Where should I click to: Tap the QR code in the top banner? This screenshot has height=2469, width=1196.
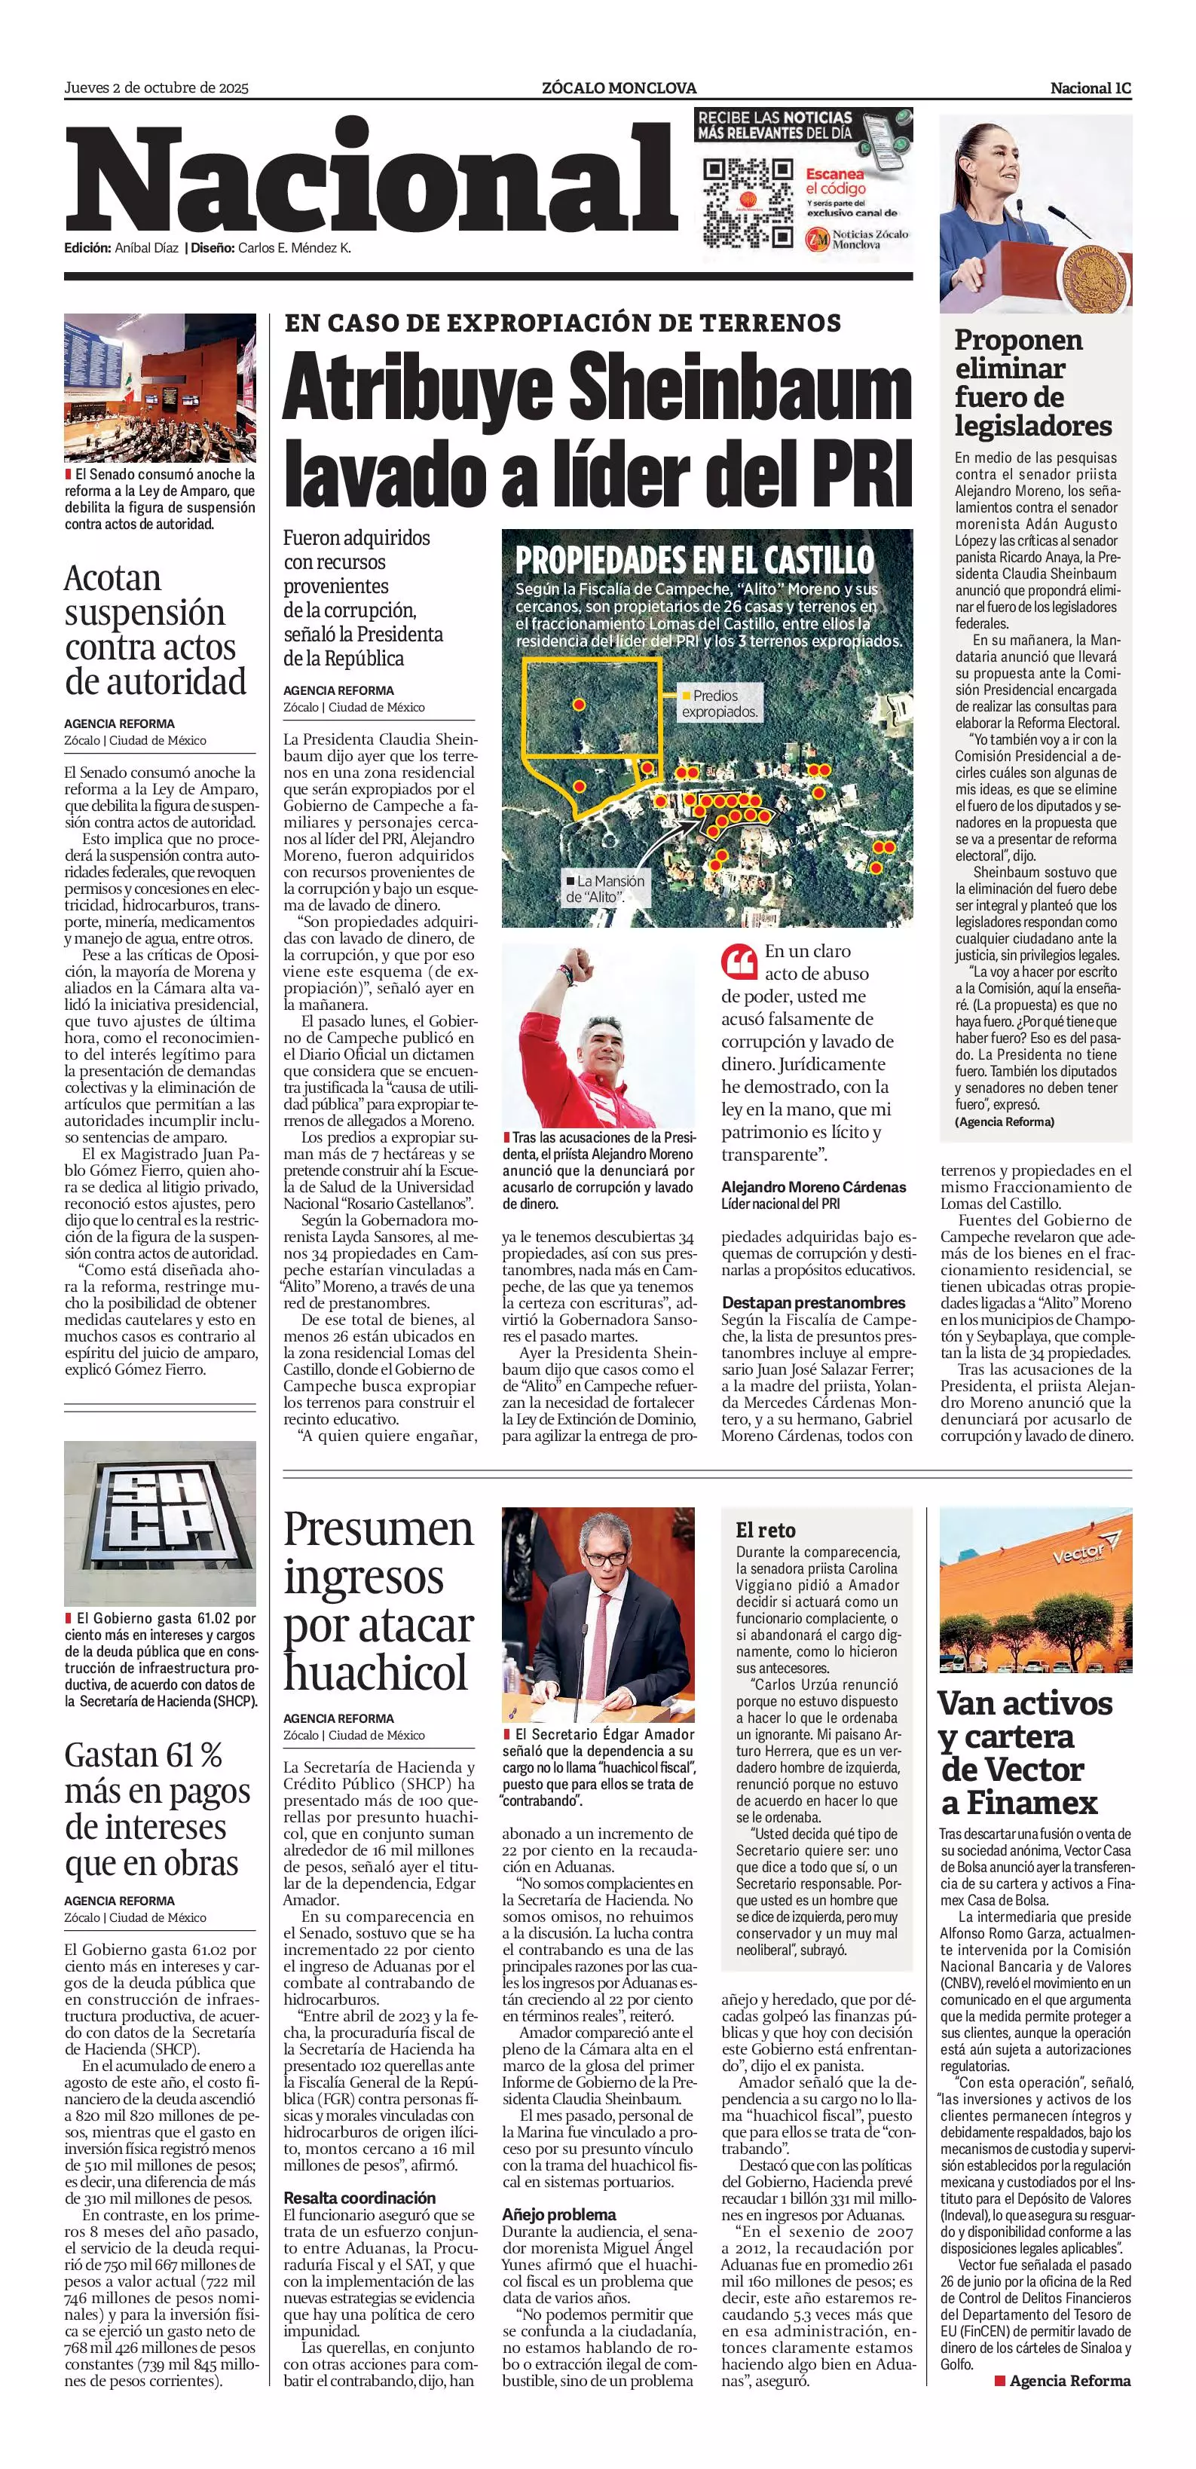[748, 203]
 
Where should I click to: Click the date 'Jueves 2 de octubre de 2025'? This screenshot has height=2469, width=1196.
[156, 88]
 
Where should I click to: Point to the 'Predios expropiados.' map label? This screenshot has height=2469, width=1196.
[719, 703]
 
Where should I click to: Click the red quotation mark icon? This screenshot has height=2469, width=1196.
[739, 962]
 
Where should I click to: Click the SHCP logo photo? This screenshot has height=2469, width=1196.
[160, 1523]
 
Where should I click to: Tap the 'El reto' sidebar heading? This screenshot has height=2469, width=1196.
[765, 1530]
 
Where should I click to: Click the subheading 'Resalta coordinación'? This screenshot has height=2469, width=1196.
[359, 2198]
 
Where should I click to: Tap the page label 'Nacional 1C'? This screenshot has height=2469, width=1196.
[1090, 88]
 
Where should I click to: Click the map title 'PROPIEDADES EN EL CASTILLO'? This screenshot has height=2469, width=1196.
[695, 560]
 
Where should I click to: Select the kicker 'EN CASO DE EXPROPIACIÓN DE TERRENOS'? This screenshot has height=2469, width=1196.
[562, 323]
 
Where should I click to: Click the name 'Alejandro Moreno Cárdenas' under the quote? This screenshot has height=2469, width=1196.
[814, 1186]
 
